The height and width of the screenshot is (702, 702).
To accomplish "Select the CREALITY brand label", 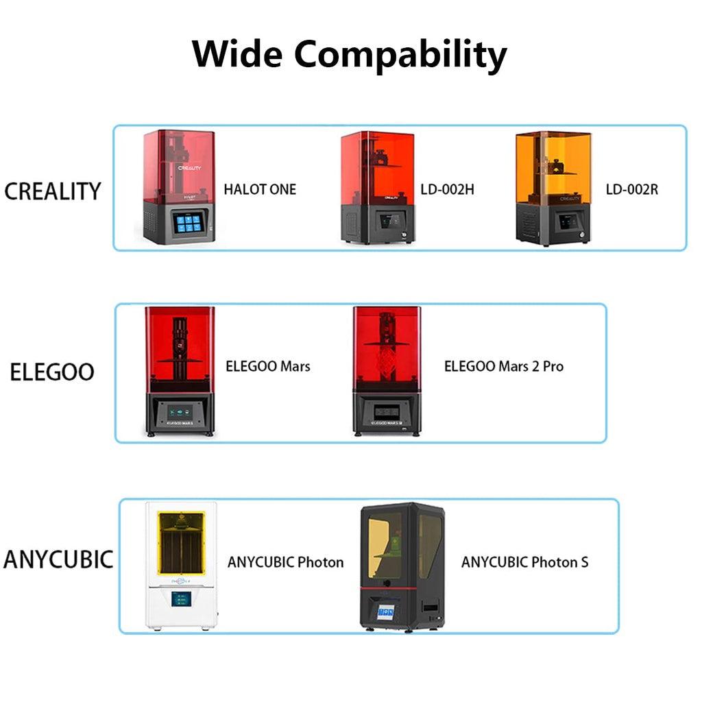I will coord(53,191).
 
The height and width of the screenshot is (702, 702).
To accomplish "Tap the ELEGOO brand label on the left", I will coord(52,372).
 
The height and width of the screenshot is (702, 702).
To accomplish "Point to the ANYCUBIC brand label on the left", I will coord(58,559).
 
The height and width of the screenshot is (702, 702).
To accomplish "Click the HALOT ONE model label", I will coord(260,189).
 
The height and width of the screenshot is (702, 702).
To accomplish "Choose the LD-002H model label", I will coord(447,189).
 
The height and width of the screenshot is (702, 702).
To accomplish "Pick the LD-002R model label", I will coord(631,189).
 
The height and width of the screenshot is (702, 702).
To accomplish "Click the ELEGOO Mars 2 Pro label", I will coord(504,366).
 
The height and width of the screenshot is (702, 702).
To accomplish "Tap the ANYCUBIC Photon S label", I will coord(524,562).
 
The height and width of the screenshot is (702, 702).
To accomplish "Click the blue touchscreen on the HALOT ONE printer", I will coord(187,221).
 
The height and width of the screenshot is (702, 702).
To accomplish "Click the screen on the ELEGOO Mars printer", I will coord(180,412).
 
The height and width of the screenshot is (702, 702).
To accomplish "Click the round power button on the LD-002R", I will coord(583,234).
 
